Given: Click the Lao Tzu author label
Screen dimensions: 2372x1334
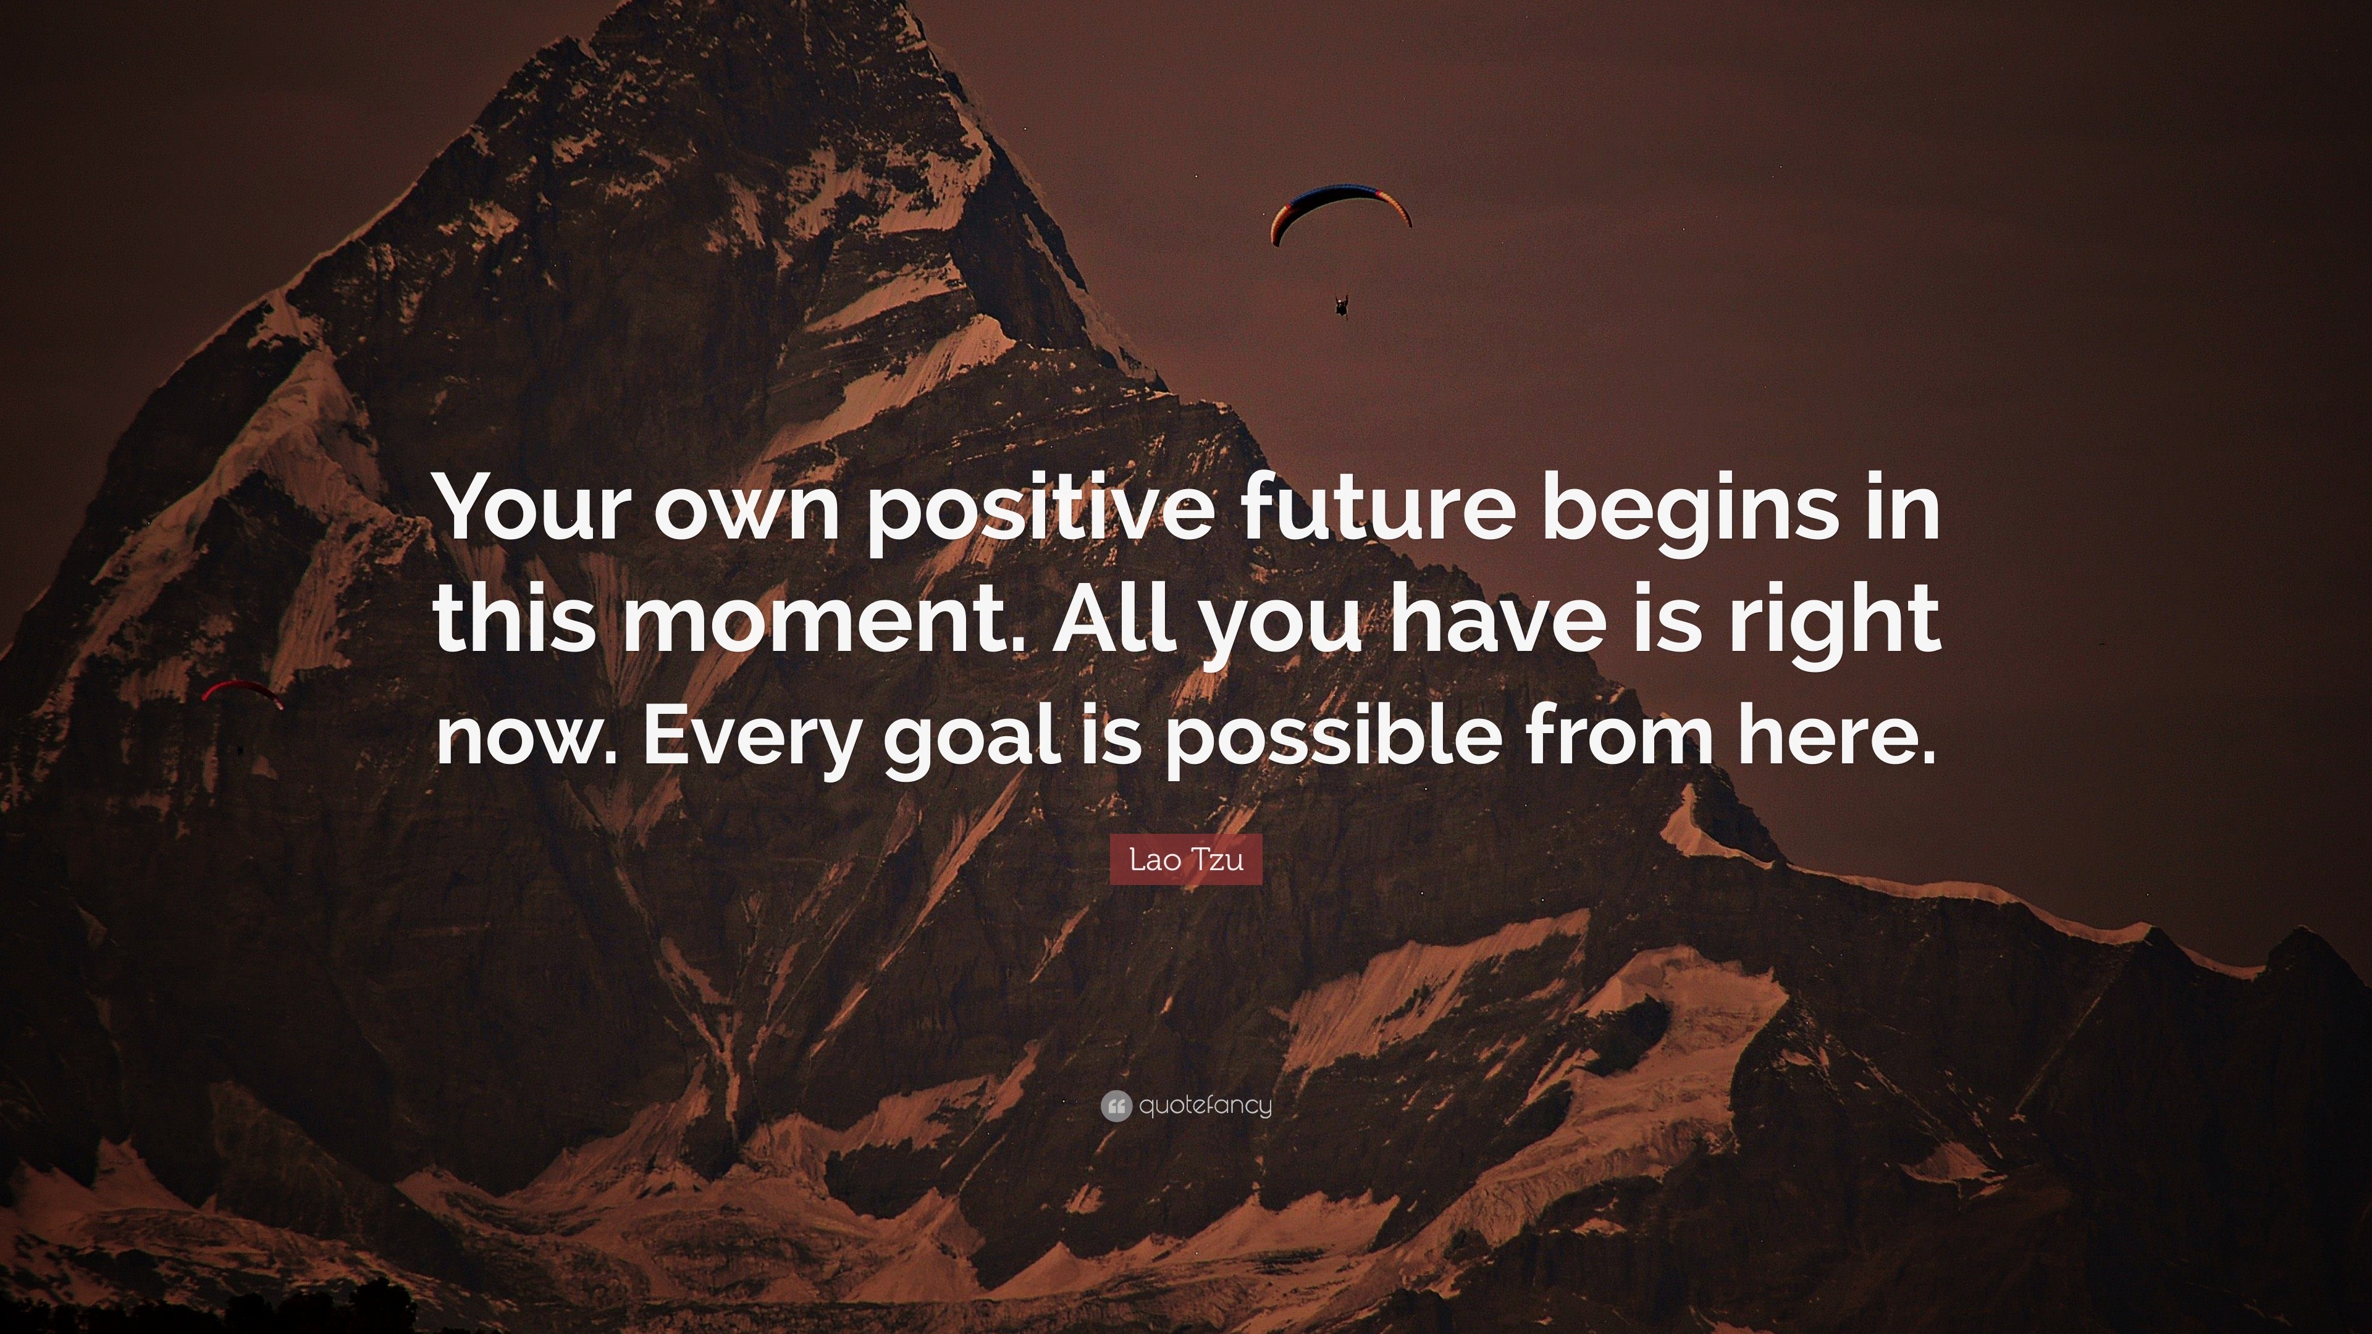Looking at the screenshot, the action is pyautogui.click(x=1186, y=860).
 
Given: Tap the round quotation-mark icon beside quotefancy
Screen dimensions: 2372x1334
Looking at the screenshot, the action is pyautogui.click(x=1115, y=1105).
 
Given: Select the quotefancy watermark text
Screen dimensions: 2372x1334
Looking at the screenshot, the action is pyautogui.click(x=1205, y=1105).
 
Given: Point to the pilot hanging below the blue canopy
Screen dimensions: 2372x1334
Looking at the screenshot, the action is pyautogui.click(x=1342, y=304).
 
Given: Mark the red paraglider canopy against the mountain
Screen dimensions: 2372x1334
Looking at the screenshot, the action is pyautogui.click(x=242, y=690).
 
